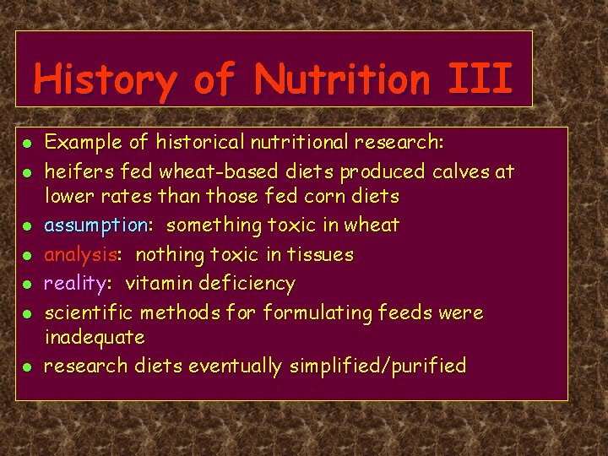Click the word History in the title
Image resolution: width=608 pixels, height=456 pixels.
[106, 80]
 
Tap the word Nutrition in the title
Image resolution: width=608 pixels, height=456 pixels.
[342, 80]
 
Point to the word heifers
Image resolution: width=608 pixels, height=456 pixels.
[79, 171]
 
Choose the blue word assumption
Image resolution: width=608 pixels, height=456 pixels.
[95, 225]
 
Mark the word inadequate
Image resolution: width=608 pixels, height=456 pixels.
[94, 337]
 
